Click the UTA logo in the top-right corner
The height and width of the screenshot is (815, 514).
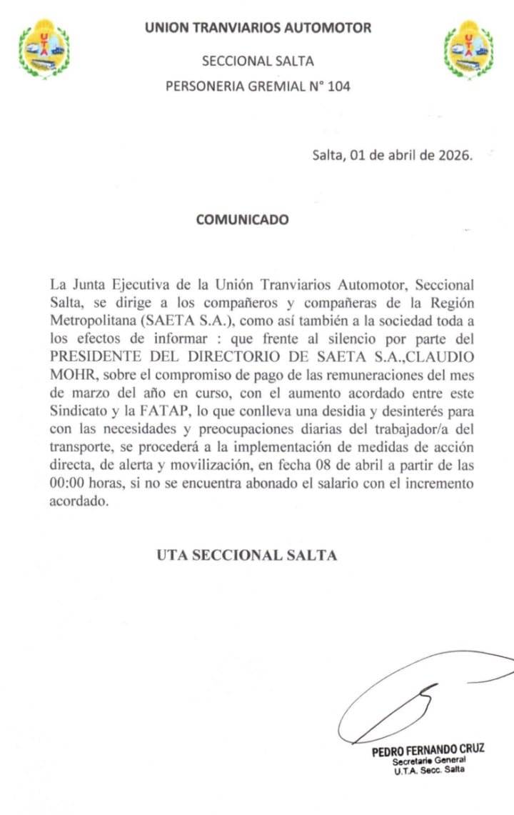point(468,49)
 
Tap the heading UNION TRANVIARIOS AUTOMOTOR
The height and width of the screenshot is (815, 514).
point(258,29)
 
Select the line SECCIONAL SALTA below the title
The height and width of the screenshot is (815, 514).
point(258,61)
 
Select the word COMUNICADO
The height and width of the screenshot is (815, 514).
point(243,220)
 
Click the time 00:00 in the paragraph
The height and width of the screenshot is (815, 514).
point(69,484)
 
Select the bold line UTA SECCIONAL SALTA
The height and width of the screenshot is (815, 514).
point(247,555)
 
